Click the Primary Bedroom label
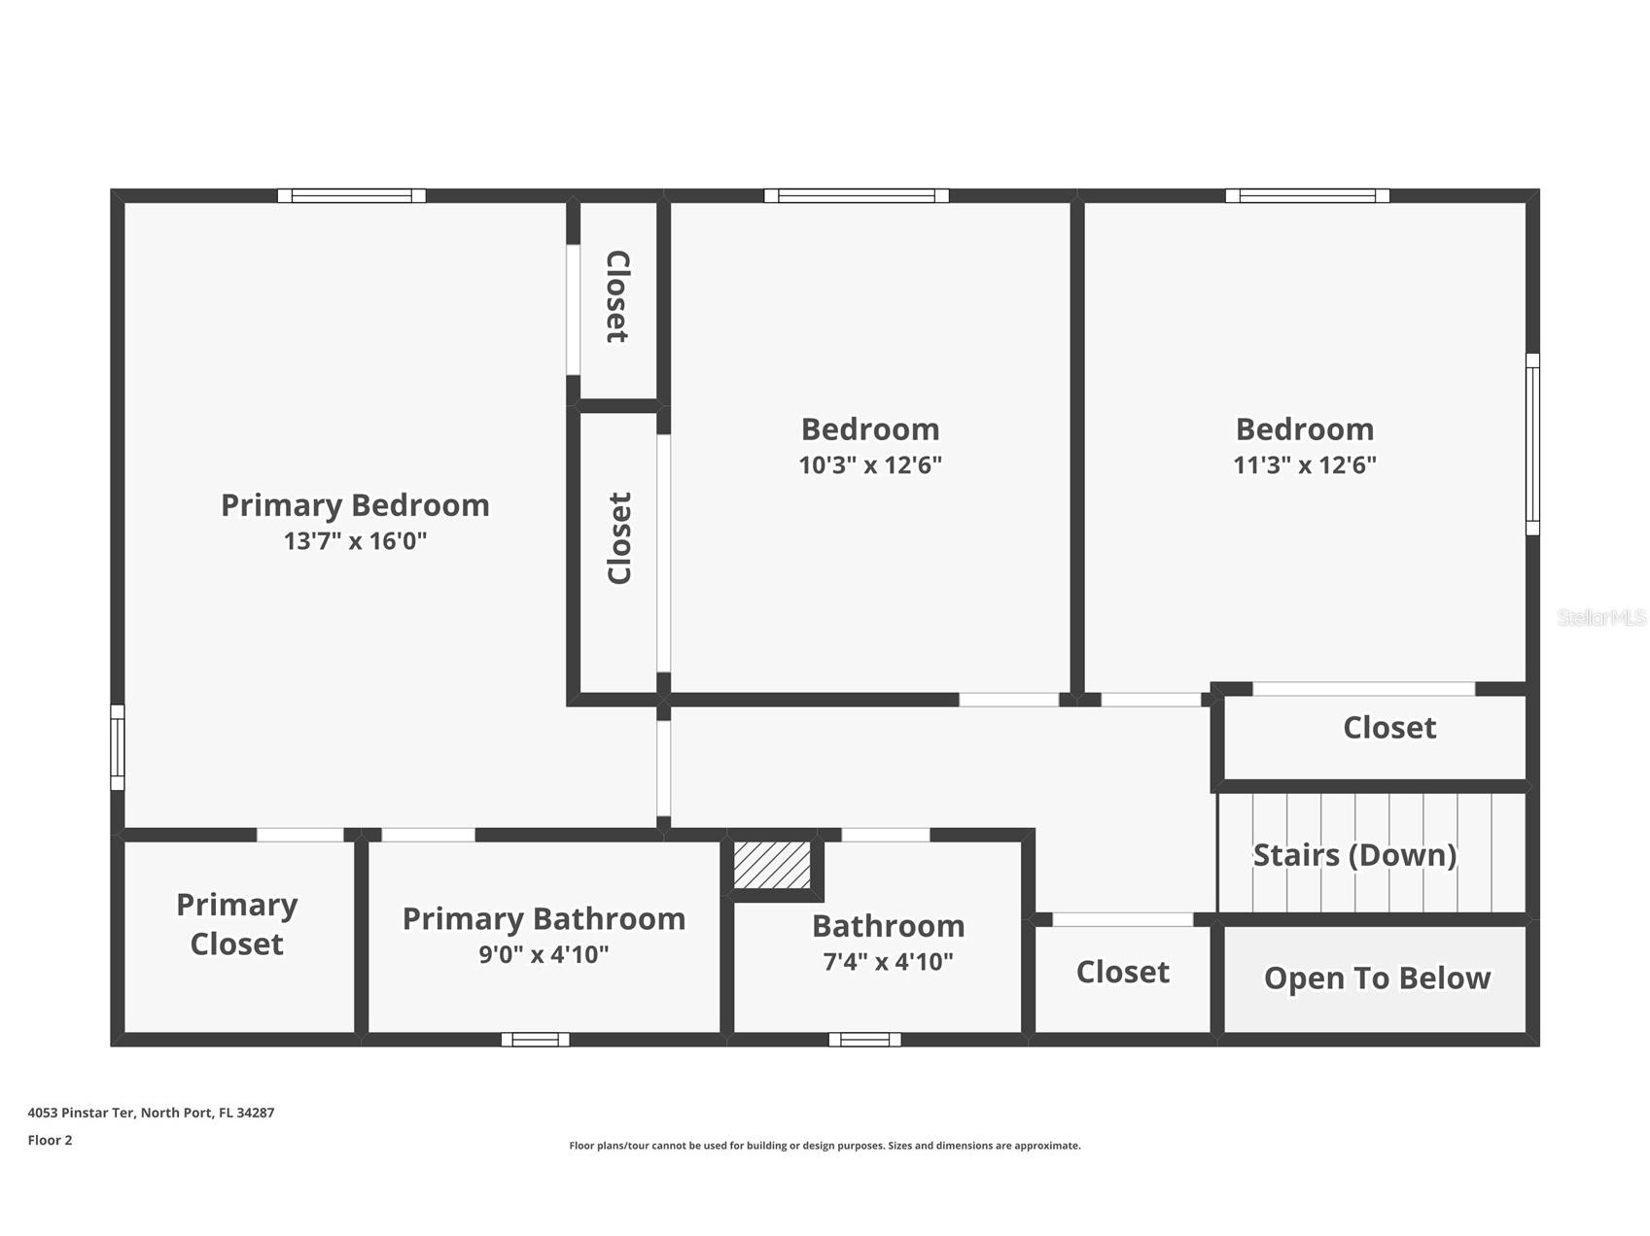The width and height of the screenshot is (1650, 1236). pos(355,505)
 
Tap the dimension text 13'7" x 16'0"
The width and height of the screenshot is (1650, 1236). pos(355,541)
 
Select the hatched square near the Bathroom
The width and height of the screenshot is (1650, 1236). pos(772,865)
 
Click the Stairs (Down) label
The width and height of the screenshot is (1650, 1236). pos(1354,855)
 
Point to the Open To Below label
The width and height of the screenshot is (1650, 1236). pos(1377,978)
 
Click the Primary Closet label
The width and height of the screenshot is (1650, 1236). pos(236,924)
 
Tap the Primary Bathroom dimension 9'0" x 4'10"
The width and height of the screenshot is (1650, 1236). pos(544,954)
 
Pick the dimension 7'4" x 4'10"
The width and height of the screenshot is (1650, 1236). pos(888,962)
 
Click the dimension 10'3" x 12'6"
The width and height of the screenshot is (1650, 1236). pos(870,464)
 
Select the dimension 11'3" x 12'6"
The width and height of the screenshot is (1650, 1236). pos(1305,464)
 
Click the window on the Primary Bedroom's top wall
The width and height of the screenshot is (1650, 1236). pos(352,195)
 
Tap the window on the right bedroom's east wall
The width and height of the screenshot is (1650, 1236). pos(1532,444)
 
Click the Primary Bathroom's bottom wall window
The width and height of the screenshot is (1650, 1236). pos(536,1040)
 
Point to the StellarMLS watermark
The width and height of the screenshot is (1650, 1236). pos(1601,618)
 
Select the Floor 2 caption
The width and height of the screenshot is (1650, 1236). pos(50,1140)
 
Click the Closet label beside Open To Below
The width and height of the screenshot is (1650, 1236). pos(1122,972)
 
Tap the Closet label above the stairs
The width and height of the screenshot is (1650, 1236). pos(1389,728)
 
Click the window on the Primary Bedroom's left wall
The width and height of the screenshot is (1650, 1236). pos(118,747)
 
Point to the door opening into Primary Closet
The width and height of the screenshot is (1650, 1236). pos(300,835)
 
